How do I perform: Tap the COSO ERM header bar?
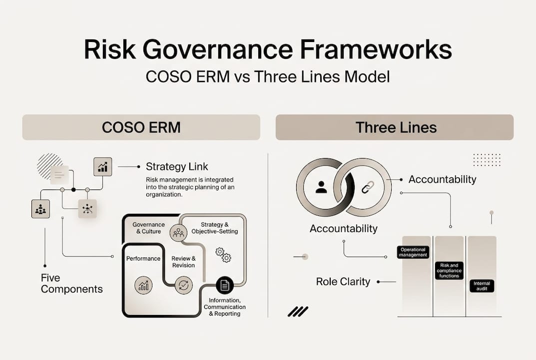(141, 127)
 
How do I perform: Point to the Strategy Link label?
(177, 166)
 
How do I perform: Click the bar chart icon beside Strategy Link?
(103, 166)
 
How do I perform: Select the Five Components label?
(71, 283)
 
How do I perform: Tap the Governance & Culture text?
(147, 228)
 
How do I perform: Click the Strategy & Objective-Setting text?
(215, 228)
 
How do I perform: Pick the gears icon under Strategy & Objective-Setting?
(223, 254)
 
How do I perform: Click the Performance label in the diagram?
(143, 258)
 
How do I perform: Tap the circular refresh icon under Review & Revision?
(183, 285)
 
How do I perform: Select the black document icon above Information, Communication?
(225, 285)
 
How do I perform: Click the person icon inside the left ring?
(321, 187)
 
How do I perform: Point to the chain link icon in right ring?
(368, 187)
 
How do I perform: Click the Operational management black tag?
(413, 252)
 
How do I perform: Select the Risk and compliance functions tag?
(449, 270)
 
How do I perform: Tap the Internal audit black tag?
(482, 286)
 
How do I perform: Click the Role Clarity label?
(343, 281)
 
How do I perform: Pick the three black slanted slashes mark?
(298, 311)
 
